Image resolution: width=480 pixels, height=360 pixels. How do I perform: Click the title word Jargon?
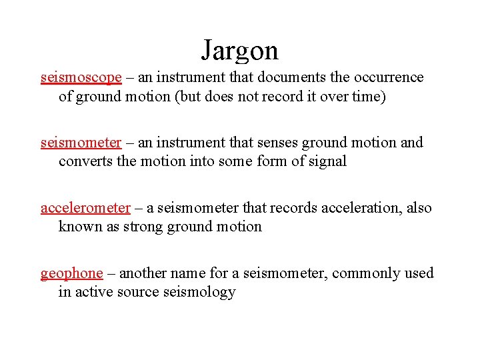(x=240, y=50)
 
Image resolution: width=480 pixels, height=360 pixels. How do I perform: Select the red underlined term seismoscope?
(x=81, y=77)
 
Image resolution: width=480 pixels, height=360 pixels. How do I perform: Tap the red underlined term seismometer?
(x=81, y=143)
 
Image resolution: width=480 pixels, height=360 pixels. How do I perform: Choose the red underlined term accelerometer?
(x=85, y=208)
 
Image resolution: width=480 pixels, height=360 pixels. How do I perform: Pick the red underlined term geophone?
(x=72, y=273)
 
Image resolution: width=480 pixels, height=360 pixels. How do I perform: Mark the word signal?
(x=327, y=161)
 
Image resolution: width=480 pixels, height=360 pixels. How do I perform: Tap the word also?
(x=419, y=208)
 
